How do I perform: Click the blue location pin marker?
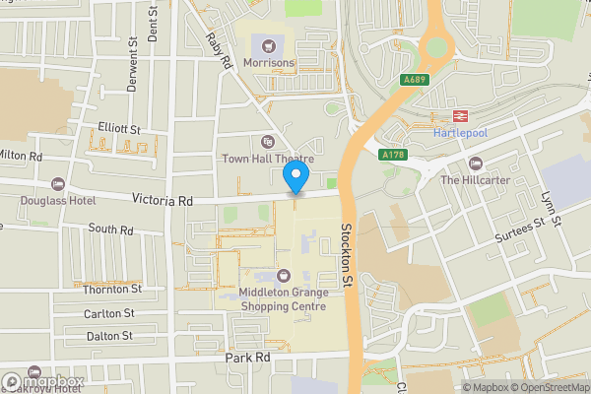(x=295, y=177)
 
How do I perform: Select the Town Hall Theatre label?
(x=268, y=159)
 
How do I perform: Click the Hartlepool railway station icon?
(x=461, y=114)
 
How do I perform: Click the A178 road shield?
(x=392, y=154)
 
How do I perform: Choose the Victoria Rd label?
(x=164, y=200)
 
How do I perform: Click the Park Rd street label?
(x=247, y=358)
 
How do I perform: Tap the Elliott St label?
(x=120, y=129)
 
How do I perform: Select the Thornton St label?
(x=112, y=290)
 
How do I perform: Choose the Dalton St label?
(x=108, y=336)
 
